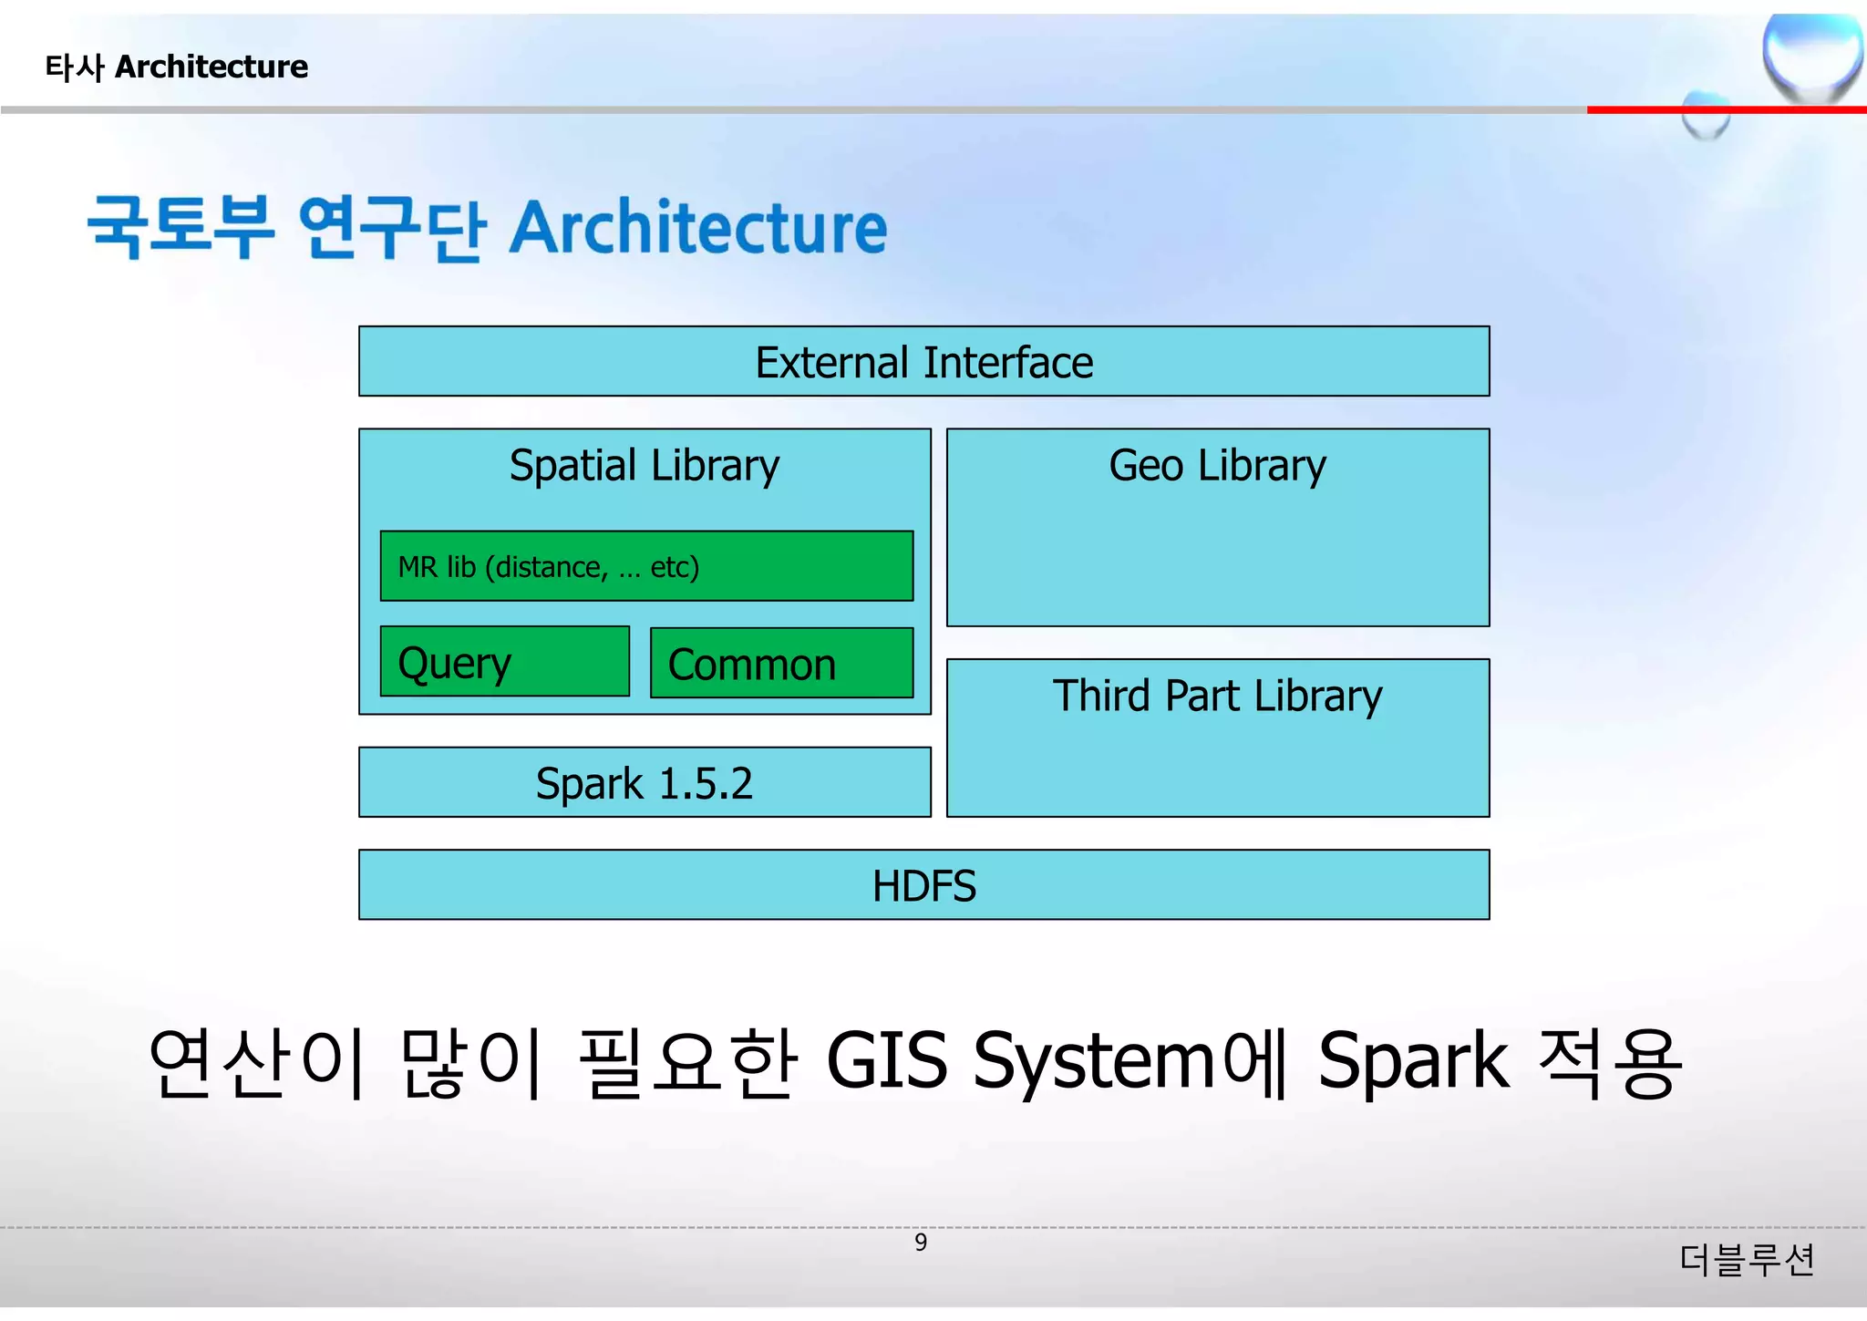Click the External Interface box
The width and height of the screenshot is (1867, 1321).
923,362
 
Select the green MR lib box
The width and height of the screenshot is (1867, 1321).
645,566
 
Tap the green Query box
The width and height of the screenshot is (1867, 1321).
504,663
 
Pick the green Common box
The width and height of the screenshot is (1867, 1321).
781,664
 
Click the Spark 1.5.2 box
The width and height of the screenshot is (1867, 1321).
645,783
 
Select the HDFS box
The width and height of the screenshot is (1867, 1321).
923,885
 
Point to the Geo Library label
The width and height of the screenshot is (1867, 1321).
1217,466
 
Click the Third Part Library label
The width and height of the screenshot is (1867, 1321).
1217,697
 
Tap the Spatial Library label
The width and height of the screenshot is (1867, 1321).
645,466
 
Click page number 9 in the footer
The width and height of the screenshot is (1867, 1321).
921,1243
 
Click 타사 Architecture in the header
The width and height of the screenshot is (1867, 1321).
177,67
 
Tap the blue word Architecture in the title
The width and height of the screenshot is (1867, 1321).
697,228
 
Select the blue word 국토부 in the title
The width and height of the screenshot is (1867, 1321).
181,228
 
